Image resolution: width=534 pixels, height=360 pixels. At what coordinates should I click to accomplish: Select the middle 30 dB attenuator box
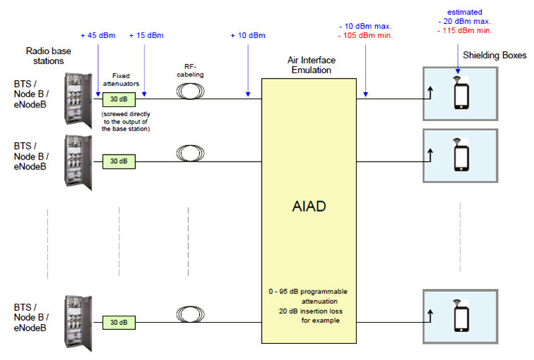[118, 161]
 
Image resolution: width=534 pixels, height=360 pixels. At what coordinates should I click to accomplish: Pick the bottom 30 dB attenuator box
[118, 322]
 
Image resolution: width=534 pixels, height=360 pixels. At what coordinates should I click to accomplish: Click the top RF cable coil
[189, 91]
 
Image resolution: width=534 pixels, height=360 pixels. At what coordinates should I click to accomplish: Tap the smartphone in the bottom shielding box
[461, 316]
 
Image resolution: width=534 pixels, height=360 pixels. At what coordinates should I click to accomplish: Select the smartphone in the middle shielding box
[461, 157]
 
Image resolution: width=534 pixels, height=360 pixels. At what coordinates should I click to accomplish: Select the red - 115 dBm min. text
[464, 31]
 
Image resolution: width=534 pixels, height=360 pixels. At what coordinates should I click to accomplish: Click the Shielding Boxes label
[495, 56]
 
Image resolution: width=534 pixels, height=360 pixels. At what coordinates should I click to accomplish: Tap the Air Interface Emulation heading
[310, 66]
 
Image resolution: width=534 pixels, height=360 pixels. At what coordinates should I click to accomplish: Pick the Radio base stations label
[44, 56]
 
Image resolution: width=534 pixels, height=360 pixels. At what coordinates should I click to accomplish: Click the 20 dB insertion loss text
[310, 310]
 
